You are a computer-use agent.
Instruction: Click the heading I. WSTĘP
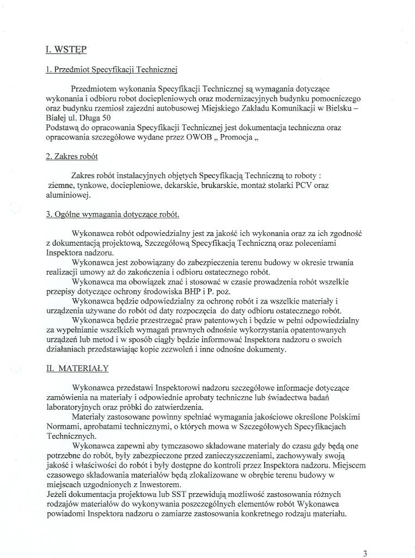click(x=66, y=50)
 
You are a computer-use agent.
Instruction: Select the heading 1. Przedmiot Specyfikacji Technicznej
click(x=112, y=70)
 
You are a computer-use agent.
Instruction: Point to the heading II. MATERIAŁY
click(x=77, y=368)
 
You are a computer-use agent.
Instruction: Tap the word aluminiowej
click(x=68, y=195)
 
